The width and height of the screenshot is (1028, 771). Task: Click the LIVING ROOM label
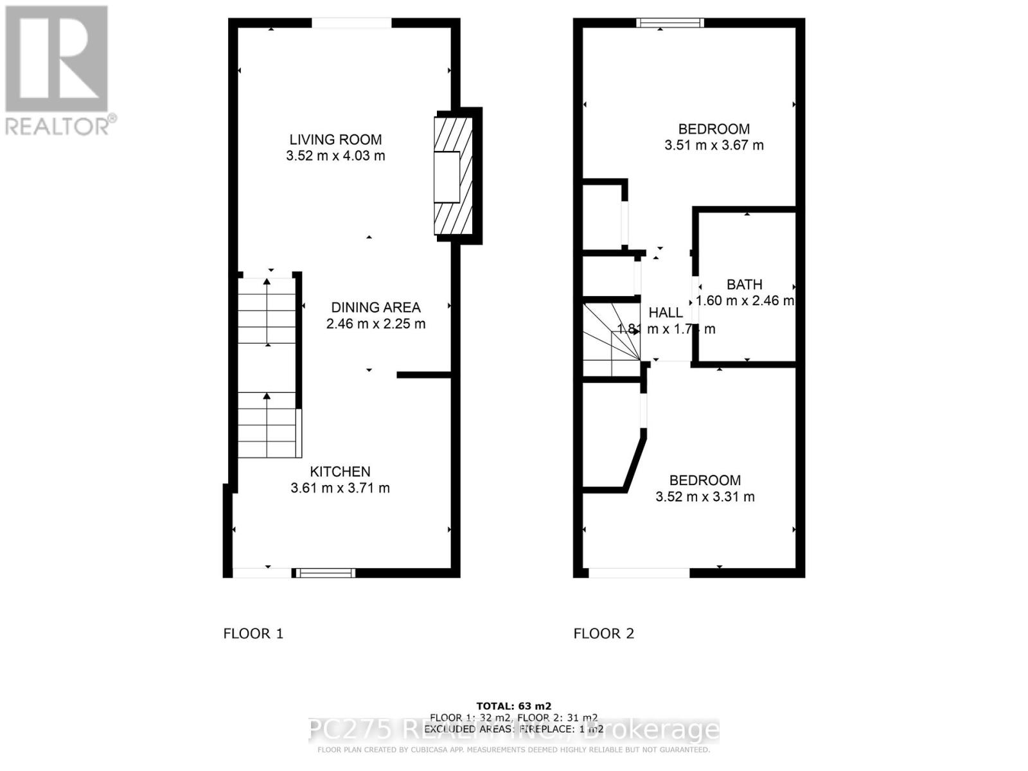(335, 139)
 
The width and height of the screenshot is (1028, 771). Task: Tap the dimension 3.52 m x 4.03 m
(335, 155)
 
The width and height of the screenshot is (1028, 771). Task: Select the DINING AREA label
(375, 307)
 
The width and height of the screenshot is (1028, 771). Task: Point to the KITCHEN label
(340, 472)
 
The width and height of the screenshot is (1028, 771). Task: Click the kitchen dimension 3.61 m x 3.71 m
(340, 488)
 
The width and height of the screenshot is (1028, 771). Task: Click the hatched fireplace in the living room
(454, 175)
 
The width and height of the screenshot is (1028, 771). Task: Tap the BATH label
(744, 284)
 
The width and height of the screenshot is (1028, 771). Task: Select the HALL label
(666, 313)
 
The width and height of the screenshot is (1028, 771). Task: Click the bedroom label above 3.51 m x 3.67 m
(714, 128)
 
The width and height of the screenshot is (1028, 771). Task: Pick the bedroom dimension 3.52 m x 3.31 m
(705, 497)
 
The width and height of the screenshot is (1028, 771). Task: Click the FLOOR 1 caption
(253, 634)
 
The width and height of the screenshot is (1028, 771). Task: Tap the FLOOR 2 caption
(603, 634)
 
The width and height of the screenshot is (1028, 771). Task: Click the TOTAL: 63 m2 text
(513, 706)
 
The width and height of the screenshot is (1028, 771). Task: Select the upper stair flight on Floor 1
(267, 312)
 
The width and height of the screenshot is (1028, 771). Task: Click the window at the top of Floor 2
(669, 23)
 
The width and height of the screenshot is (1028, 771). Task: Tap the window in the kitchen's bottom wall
(324, 573)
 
